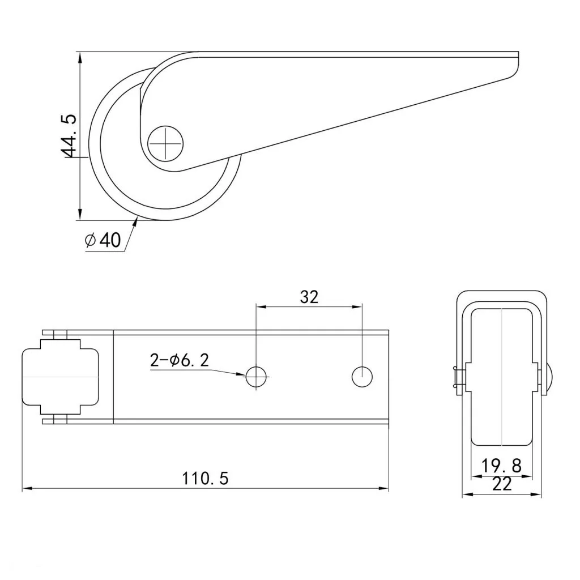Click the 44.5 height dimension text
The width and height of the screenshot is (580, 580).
point(68,135)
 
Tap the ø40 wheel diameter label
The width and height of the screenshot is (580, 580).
point(103,240)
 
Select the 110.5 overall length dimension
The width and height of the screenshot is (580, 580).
point(205,478)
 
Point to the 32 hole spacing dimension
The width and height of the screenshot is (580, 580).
point(309,297)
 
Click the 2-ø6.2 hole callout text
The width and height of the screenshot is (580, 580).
point(180,360)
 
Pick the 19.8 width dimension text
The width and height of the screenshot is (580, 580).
point(501,466)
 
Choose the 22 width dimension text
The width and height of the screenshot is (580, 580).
point(502,484)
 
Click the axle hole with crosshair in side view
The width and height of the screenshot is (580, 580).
point(165,143)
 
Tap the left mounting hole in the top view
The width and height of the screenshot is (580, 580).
point(256,377)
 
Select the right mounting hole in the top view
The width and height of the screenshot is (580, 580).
point(362,377)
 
